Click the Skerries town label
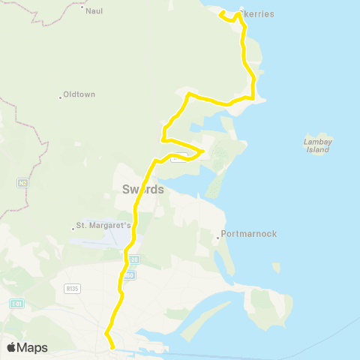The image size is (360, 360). [259, 15]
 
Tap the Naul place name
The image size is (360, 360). [94, 12]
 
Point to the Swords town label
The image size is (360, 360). [142, 190]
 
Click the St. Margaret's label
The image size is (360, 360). [104, 226]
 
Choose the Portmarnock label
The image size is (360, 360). [250, 234]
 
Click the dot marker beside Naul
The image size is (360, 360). [81, 7]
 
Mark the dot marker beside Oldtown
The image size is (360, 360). [60, 97]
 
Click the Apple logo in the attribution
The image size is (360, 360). [11, 347]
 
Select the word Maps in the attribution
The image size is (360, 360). [33, 347]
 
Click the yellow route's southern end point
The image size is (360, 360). [112, 347]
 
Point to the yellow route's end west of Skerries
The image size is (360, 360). [220, 13]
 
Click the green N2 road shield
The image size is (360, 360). [22, 182]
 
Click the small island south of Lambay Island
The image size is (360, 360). [277, 266]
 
